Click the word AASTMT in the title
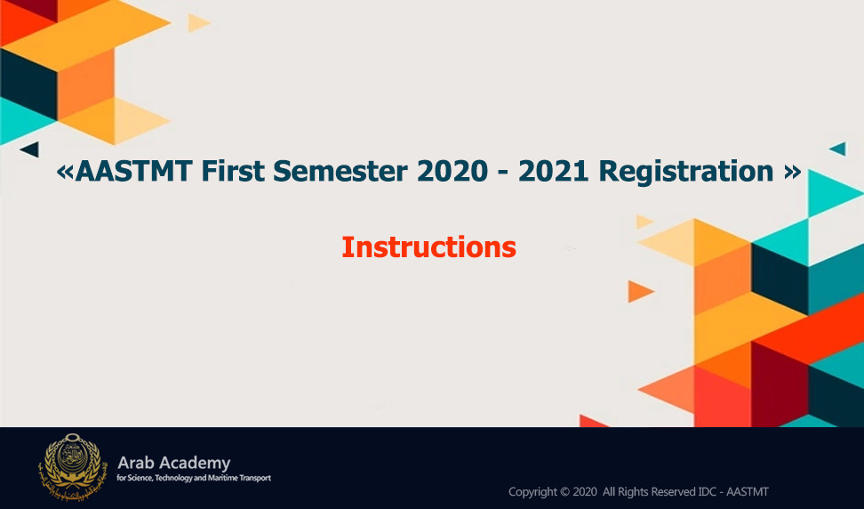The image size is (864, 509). click(133, 171)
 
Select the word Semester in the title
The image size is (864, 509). click(340, 171)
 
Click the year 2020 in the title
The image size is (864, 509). click(452, 171)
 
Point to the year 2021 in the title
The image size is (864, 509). click(554, 171)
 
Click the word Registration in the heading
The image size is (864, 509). click(686, 172)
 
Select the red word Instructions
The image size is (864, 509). click(428, 247)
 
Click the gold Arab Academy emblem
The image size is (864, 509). click(73, 466)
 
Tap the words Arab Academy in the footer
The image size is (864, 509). click(173, 464)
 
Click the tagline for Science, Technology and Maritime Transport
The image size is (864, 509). click(194, 478)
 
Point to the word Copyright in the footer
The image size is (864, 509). click(532, 492)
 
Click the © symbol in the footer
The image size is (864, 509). click(564, 491)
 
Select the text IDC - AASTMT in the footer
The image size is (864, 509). click(732, 491)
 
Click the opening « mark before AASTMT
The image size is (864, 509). click(65, 172)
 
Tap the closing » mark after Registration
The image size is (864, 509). click(792, 172)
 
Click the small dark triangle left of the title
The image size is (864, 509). click(30, 149)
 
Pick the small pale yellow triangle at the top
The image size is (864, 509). click(197, 22)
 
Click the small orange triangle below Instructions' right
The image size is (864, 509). click(639, 291)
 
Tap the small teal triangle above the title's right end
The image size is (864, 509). click(838, 149)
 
